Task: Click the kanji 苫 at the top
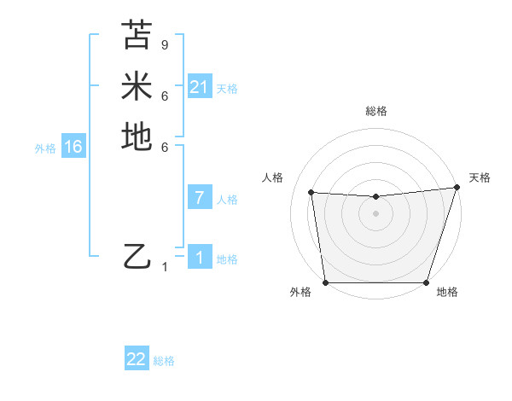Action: [x=137, y=35]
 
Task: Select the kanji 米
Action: [x=137, y=85]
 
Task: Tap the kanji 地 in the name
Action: [x=137, y=137]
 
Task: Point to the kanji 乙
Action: [x=137, y=256]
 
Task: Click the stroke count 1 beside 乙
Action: [x=165, y=267]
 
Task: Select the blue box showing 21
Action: [x=200, y=87]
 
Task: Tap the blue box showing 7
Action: [x=200, y=198]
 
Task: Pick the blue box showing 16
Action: [x=73, y=147]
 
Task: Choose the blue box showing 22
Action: [x=137, y=359]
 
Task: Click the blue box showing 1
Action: [x=200, y=258]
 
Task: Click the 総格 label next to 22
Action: [x=164, y=361]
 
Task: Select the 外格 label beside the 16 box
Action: [x=45, y=148]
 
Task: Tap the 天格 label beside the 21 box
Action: [x=227, y=89]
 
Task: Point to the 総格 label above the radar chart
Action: [x=375, y=111]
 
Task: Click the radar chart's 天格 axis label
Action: [x=480, y=177]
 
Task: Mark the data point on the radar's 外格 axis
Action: [x=325, y=282]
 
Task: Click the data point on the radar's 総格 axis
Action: [x=375, y=197]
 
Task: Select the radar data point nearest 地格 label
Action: [x=426, y=282]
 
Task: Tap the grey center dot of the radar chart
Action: [x=375, y=213]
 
